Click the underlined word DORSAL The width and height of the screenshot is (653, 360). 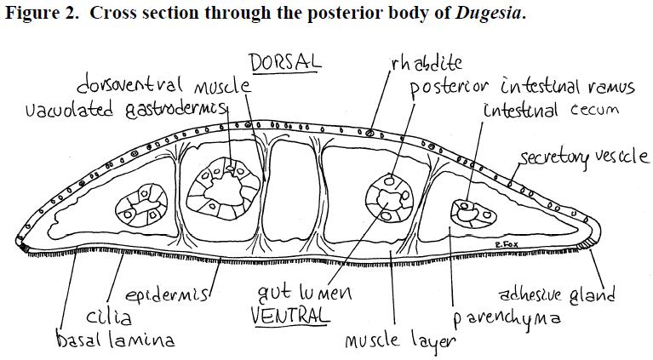click(x=286, y=62)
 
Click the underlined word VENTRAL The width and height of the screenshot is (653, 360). click(x=290, y=317)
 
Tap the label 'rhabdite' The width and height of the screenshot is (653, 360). click(x=427, y=63)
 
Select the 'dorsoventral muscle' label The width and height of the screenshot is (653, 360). click(x=163, y=85)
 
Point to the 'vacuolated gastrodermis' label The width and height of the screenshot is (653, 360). click(x=127, y=110)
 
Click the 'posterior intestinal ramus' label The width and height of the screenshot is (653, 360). click(x=522, y=87)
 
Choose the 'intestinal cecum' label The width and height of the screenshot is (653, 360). click(x=551, y=110)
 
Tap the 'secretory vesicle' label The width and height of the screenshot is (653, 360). click(x=584, y=157)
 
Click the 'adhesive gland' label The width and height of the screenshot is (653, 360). click(x=557, y=294)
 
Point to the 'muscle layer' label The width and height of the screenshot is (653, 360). click(x=400, y=341)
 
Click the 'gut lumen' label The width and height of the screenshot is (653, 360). click(x=305, y=293)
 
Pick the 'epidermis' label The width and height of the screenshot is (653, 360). click(x=167, y=294)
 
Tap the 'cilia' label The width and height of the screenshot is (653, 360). click(x=109, y=317)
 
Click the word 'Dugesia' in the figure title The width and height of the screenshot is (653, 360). click(x=488, y=13)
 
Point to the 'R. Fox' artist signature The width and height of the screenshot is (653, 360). click(x=507, y=245)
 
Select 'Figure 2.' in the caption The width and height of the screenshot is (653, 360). click(x=41, y=13)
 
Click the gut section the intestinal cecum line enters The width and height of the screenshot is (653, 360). click(x=473, y=214)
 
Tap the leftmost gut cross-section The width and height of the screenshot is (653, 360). click(x=141, y=206)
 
